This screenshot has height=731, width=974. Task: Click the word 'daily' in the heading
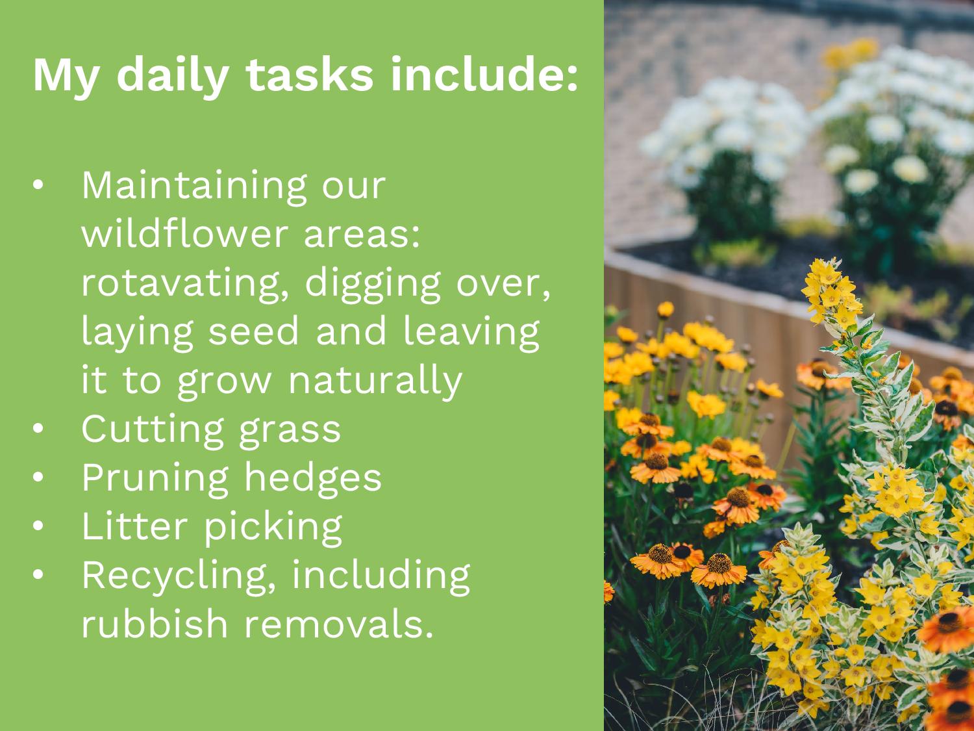pyautogui.click(x=173, y=75)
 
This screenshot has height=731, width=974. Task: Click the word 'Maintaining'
pyautogui.click(x=194, y=186)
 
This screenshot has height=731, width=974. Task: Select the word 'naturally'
pyautogui.click(x=375, y=381)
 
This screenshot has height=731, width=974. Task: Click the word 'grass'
pyautogui.click(x=290, y=431)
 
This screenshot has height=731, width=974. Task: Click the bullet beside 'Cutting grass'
pyautogui.click(x=38, y=428)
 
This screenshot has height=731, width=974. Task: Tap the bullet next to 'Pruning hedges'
pyautogui.click(x=38, y=477)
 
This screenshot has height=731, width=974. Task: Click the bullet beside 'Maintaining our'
pyautogui.click(x=38, y=185)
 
